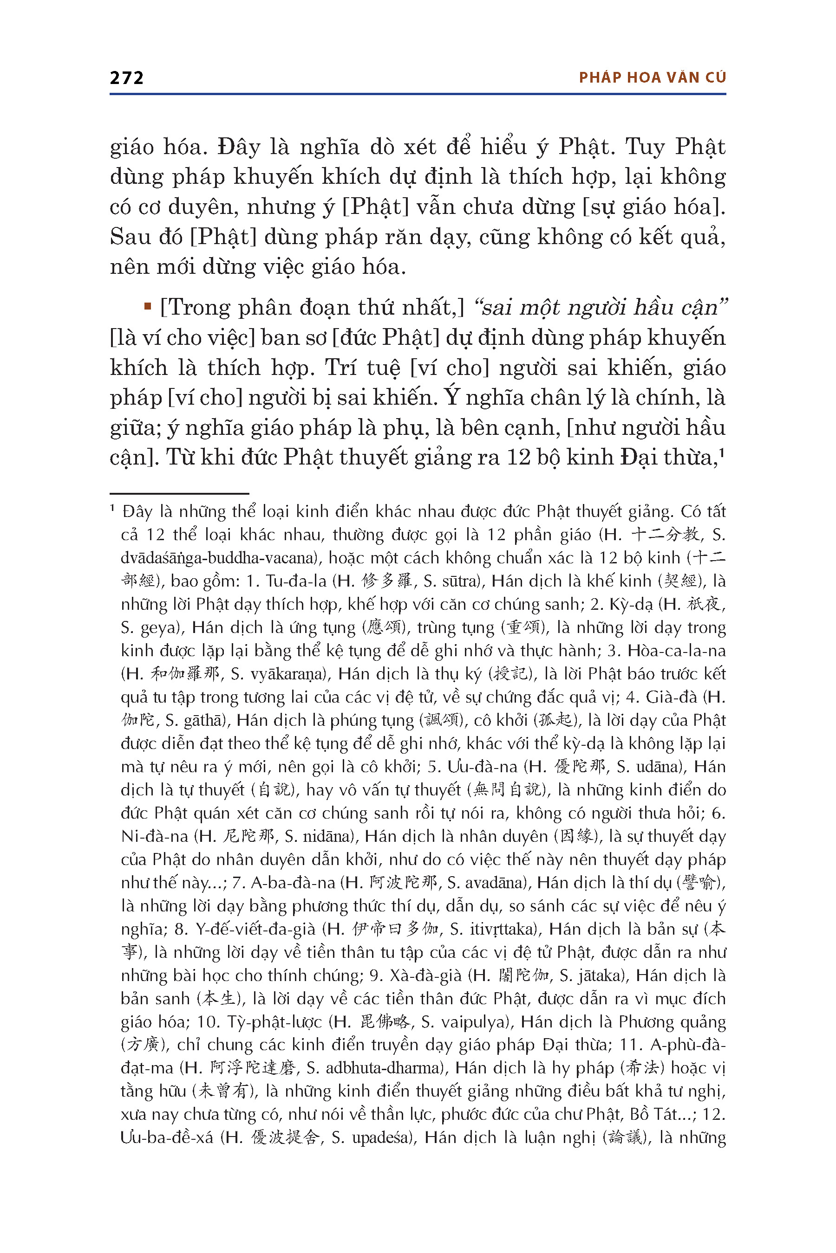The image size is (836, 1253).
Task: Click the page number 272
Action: pyautogui.click(x=126, y=78)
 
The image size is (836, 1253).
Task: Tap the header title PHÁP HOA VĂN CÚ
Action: pyautogui.click(x=652, y=78)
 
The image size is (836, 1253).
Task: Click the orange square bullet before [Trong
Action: pyautogui.click(x=148, y=306)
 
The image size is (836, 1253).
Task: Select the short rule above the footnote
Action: pyautogui.click(x=179, y=494)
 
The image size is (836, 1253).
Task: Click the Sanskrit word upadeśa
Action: pyautogui.click(x=381, y=1138)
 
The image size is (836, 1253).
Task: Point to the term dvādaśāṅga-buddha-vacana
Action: pyautogui.click(x=219, y=558)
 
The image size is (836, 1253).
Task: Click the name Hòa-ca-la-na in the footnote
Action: pyautogui.click(x=676, y=651)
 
